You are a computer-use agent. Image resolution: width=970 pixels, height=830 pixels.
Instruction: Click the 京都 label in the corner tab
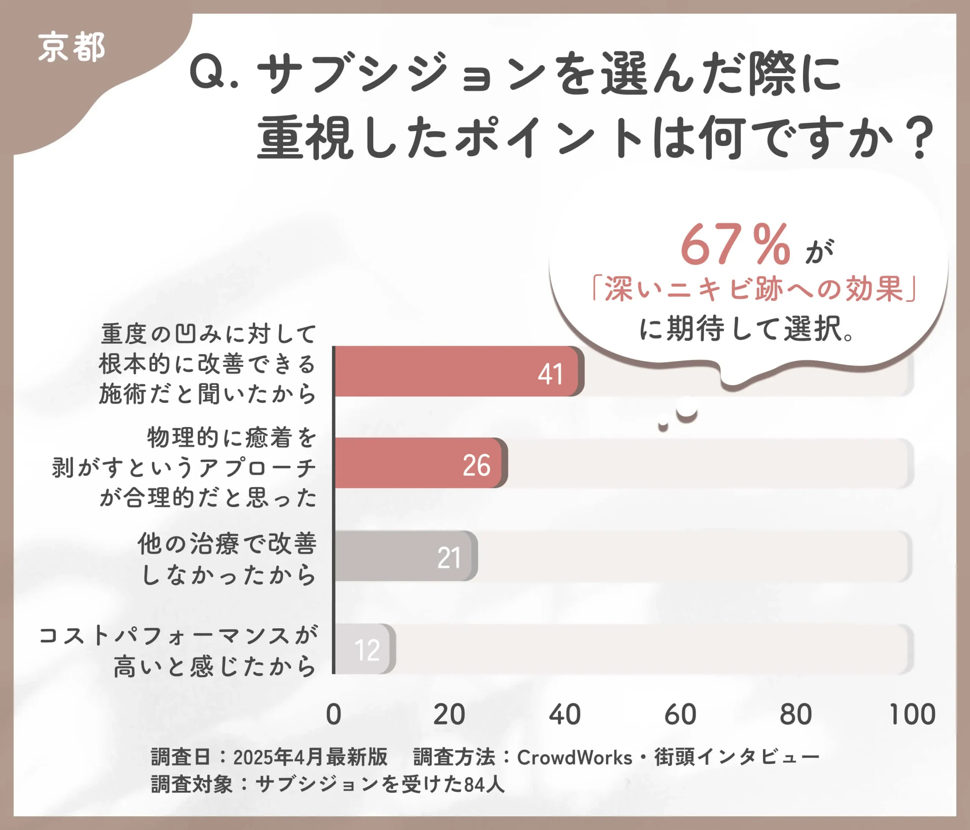(x=71, y=48)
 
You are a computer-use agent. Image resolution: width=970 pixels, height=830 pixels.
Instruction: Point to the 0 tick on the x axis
(x=334, y=715)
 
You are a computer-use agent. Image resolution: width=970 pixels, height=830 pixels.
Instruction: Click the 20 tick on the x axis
(x=449, y=715)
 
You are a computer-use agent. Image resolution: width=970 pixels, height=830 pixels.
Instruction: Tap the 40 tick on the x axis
(x=565, y=715)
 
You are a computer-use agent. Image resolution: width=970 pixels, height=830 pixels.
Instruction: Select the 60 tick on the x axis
(x=680, y=715)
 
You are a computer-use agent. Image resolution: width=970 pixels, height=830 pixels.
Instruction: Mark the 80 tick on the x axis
(x=796, y=715)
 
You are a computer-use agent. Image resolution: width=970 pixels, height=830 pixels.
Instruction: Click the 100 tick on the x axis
(x=912, y=715)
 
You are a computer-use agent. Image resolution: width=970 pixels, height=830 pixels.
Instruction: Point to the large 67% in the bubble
(x=735, y=245)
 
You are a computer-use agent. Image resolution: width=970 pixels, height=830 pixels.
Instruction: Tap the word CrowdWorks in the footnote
(x=574, y=758)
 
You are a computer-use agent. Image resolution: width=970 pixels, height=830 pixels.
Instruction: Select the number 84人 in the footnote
(x=484, y=784)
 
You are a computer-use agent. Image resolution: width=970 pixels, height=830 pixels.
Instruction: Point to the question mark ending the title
(x=919, y=139)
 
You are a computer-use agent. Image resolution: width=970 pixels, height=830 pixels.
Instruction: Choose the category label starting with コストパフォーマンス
(x=178, y=651)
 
